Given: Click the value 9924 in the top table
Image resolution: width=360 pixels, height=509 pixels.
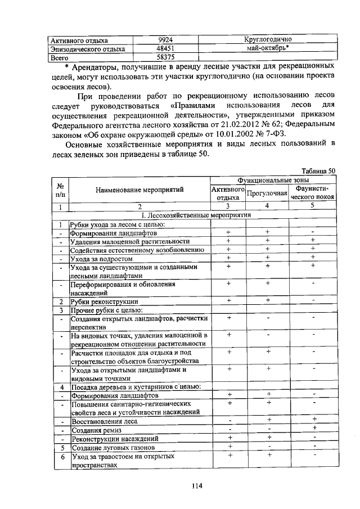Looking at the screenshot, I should (165, 40).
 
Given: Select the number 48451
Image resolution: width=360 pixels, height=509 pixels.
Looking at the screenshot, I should (165, 49).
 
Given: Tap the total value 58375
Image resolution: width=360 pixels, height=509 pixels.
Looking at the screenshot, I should (165, 57).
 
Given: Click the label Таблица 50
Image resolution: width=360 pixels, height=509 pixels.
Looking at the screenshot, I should (318, 171).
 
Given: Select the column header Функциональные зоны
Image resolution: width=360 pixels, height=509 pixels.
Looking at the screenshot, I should (273, 179).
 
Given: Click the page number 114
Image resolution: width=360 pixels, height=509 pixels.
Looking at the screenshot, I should (196, 487).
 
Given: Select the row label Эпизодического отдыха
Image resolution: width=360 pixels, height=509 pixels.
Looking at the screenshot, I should (87, 49).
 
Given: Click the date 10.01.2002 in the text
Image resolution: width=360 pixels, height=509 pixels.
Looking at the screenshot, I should (233, 134).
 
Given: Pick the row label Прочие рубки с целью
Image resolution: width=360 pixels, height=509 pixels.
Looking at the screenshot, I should (106, 310).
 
